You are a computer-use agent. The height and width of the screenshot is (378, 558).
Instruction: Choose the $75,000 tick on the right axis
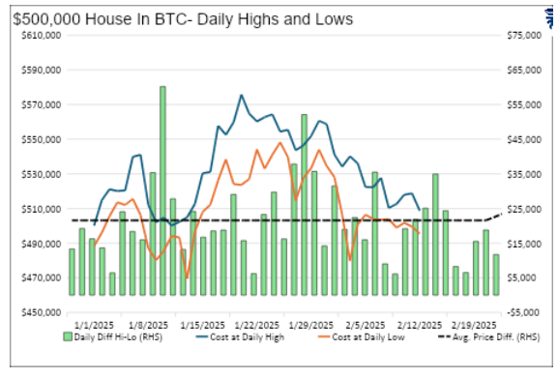[523, 35]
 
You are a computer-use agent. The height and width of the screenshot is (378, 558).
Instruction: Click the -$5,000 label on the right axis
[523, 312]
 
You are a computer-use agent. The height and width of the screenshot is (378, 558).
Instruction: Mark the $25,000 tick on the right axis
[523, 209]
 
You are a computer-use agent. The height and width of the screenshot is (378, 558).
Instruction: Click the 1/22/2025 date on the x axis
[232, 326]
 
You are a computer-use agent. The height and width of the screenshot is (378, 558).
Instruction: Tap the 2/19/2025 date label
[476, 326]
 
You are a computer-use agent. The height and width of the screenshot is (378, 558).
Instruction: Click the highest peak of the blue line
[241, 96]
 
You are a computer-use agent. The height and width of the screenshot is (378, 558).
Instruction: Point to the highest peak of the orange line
[279, 143]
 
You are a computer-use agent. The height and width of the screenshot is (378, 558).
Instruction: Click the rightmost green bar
[495, 275]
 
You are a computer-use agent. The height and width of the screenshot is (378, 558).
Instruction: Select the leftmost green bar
[72, 272]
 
